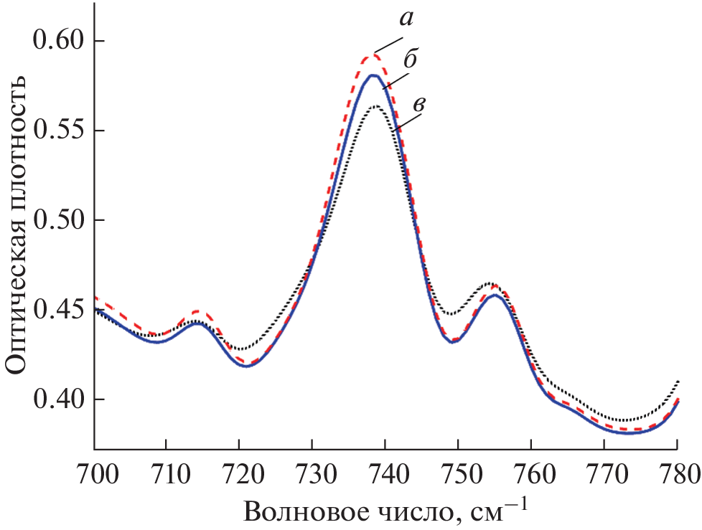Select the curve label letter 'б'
pos(412,60)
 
